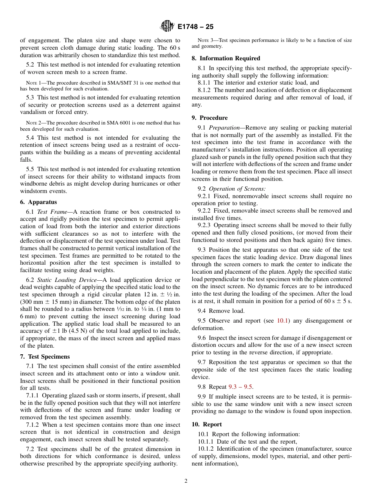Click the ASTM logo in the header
tap(167, 27)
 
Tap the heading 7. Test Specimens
tap(45, 357)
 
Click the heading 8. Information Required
tap(226, 58)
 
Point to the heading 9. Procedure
tap(209, 118)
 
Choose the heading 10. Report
tap(207, 424)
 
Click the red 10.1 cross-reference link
tap(282, 321)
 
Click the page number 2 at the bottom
tap(186, 482)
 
